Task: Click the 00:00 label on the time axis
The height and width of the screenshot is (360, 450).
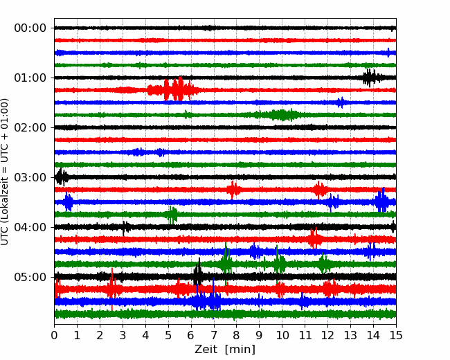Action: click(x=30, y=28)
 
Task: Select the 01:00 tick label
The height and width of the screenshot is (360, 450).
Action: click(x=30, y=78)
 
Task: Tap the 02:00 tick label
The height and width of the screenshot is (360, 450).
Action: click(x=30, y=127)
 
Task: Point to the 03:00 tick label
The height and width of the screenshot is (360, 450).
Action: click(x=30, y=177)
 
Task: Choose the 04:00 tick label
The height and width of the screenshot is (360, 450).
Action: click(x=30, y=227)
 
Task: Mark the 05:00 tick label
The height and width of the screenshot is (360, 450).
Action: click(x=30, y=277)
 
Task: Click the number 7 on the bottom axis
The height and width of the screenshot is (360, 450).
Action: click(x=214, y=335)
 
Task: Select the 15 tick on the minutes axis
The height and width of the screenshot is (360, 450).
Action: click(x=396, y=335)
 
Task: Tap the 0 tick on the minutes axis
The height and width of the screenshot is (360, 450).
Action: click(x=54, y=335)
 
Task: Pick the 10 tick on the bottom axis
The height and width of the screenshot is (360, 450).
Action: click(x=282, y=335)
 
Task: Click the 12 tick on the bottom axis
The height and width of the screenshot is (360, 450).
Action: click(x=327, y=335)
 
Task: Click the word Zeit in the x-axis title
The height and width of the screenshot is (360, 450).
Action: click(x=205, y=350)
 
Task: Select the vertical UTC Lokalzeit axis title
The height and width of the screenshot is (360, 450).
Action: click(x=4, y=172)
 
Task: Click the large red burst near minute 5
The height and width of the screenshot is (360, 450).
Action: click(x=172, y=89)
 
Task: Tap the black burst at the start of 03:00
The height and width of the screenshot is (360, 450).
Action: click(x=62, y=177)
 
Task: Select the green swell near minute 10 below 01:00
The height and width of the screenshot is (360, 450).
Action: click(x=281, y=115)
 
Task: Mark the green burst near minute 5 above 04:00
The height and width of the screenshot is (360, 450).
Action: click(x=172, y=215)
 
